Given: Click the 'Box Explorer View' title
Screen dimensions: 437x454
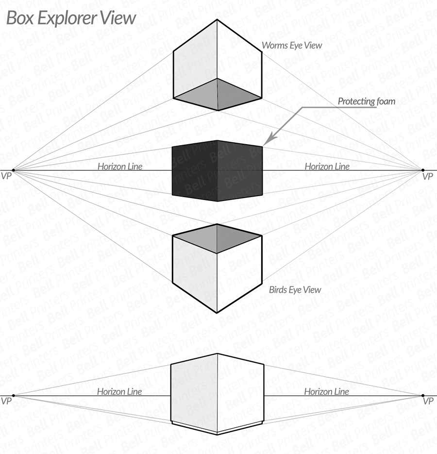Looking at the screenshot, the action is tap(71, 18).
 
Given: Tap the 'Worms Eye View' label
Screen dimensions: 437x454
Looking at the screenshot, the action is tap(292, 46).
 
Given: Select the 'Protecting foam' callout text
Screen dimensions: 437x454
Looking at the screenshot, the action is tap(366, 101).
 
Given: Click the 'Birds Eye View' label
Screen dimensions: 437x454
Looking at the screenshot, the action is tap(295, 290).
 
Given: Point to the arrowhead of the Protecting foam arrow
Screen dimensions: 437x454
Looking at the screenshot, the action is tap(267, 141).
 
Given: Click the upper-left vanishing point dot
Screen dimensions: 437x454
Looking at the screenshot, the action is tap(13, 170).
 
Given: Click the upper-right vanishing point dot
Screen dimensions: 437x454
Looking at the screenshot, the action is tap(423, 170).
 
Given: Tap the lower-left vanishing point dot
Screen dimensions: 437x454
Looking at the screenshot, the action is tap(13, 396).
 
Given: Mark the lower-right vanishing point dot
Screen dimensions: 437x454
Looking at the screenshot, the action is tap(423, 396).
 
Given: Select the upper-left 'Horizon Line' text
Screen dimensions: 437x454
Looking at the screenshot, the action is tap(120, 167).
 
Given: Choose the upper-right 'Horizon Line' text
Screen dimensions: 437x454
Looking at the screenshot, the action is tap(327, 167).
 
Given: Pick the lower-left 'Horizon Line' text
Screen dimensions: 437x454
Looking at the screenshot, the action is tap(119, 392).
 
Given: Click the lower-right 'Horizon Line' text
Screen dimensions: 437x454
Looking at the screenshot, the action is tap(326, 392).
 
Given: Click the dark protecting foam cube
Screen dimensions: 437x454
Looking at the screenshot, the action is tap(217, 171).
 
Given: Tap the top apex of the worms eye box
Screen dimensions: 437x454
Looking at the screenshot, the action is tap(217, 20).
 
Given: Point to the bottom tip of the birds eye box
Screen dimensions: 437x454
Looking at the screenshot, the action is tap(217, 313).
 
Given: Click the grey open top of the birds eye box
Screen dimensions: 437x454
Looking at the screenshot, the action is tap(217, 238).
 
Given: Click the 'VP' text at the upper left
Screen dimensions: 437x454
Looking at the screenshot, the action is tap(6, 176).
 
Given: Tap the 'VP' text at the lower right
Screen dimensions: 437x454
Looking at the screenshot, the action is tap(428, 401).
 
